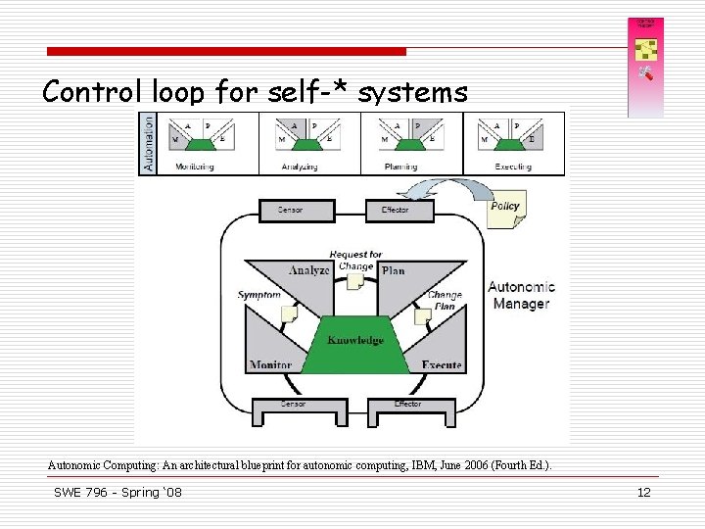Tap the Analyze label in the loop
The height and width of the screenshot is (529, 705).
point(309,270)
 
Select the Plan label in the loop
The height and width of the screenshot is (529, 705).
point(394,270)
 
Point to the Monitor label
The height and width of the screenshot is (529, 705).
point(270,365)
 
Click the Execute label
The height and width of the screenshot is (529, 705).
point(442,365)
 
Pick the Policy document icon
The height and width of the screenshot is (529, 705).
point(505,209)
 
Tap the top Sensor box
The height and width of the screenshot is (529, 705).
point(290,211)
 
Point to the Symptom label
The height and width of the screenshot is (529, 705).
point(258,295)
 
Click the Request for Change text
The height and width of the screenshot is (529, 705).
point(355,261)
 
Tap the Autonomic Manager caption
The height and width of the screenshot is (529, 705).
point(521,295)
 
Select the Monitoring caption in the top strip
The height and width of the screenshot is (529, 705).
point(194,167)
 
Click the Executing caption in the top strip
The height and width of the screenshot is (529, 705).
point(513,167)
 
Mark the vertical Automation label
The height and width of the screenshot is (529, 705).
point(149,142)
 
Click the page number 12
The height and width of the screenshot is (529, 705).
point(643,493)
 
